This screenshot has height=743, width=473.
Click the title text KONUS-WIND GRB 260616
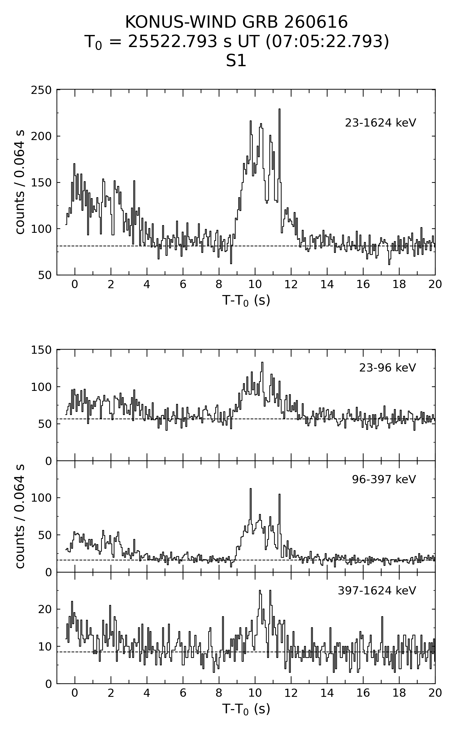click(236, 22)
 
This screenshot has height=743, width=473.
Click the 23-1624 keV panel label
click(380, 123)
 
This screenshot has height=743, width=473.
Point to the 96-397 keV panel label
click(384, 479)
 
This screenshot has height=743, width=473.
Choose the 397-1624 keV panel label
click(377, 591)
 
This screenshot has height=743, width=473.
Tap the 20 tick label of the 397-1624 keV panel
click(45, 609)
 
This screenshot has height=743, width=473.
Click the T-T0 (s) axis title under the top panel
click(246, 300)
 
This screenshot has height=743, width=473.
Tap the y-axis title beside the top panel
click(20, 182)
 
